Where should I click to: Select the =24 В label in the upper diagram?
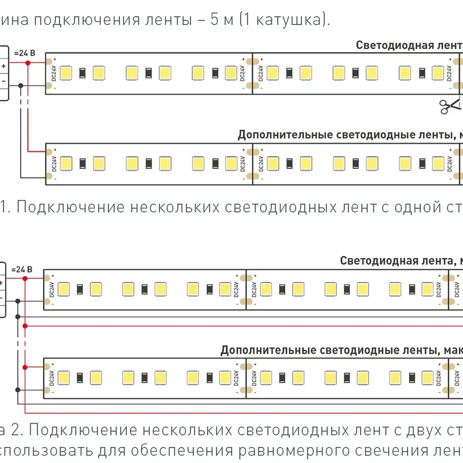click(24, 53)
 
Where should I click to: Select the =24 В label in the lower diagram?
click(22, 269)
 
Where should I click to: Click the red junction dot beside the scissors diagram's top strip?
click(28, 63)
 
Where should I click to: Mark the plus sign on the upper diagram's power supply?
click(4, 66)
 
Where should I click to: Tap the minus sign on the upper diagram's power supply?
click(4, 81)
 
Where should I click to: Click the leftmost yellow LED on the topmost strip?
click(66, 73)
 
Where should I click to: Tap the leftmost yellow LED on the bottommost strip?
click(64, 378)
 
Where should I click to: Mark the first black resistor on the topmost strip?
click(82, 73)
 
